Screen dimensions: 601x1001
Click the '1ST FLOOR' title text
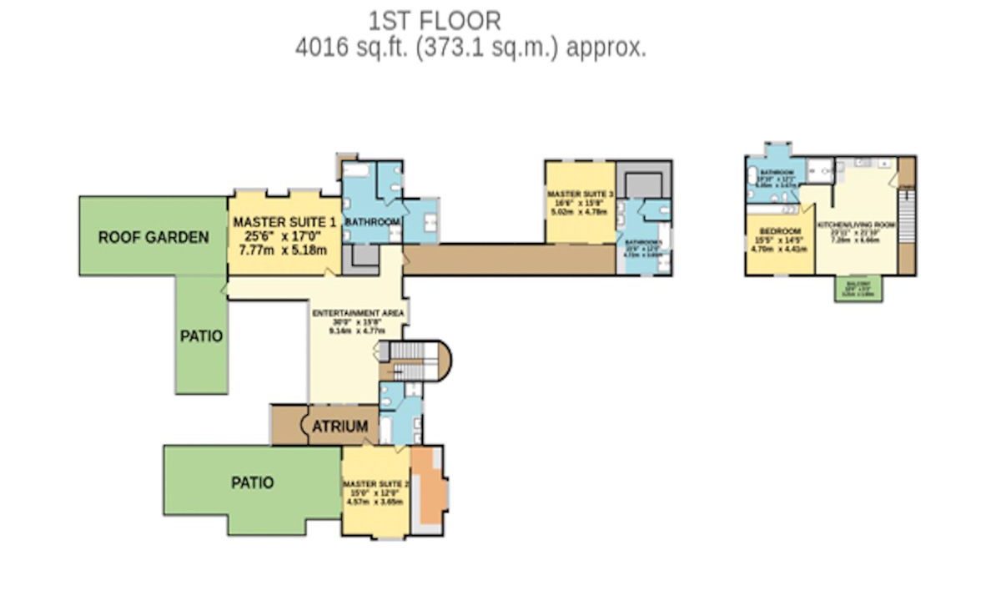(435, 19)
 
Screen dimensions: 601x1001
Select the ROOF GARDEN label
(153, 237)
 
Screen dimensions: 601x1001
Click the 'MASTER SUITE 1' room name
(284, 223)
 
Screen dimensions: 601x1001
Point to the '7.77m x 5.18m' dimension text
(284, 250)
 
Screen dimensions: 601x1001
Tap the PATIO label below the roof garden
(201, 336)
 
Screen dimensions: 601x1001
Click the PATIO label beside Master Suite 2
(252, 482)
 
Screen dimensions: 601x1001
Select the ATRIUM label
(340, 427)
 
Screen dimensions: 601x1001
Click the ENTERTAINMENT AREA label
(358, 313)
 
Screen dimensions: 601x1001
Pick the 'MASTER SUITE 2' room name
(375, 483)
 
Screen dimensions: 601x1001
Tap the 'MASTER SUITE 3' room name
(581, 194)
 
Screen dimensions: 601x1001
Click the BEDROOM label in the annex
(780, 230)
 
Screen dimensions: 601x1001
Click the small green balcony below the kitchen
(859, 289)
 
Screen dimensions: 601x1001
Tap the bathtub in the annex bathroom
(753, 176)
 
